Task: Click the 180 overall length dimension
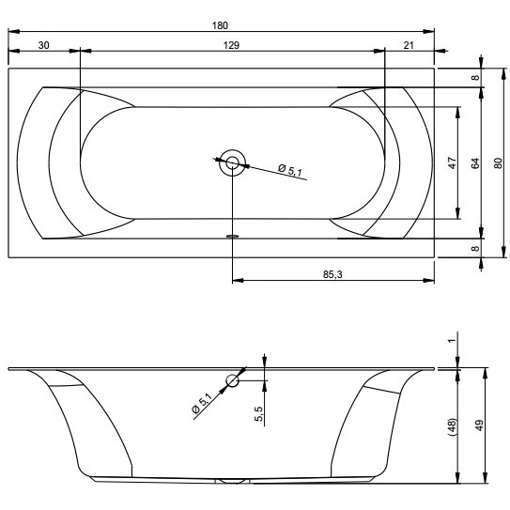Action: (x=220, y=25)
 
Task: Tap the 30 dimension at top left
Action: (x=43, y=45)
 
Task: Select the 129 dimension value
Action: (x=231, y=45)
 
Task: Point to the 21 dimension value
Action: (x=409, y=45)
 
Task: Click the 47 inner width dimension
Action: (x=453, y=162)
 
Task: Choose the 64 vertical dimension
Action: (x=475, y=162)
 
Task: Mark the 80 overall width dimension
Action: (x=498, y=162)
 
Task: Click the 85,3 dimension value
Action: (x=332, y=274)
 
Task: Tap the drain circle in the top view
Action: (x=232, y=162)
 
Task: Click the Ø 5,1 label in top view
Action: (x=290, y=170)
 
